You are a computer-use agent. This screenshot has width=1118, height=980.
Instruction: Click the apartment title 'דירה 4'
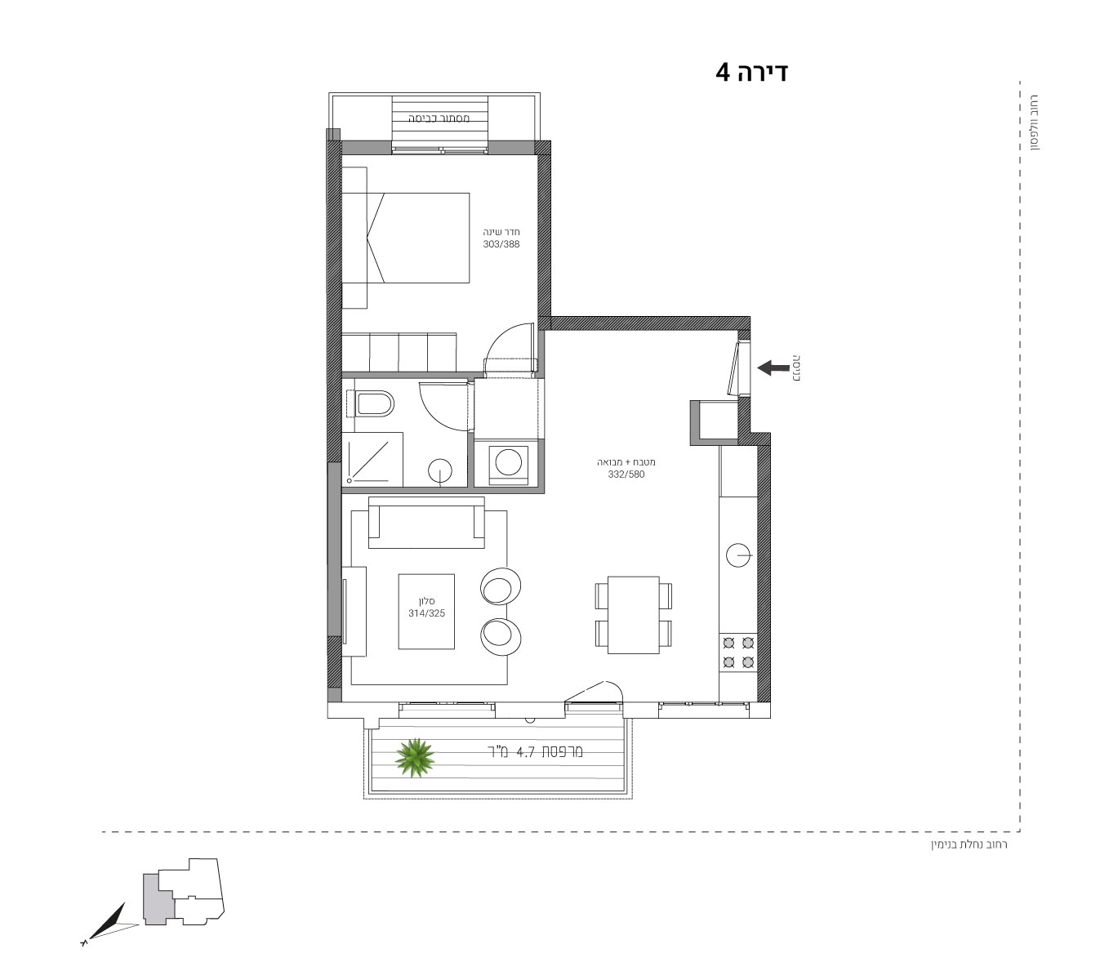751,73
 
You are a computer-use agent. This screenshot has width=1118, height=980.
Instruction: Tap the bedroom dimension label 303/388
501,244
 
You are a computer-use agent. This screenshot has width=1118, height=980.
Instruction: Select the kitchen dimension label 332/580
626,474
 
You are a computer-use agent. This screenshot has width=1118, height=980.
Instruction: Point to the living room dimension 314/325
426,613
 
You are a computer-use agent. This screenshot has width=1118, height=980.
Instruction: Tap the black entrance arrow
773,367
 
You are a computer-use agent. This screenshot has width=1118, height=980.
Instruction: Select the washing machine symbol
508,463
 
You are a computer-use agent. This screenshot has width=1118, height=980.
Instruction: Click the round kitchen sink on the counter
737,555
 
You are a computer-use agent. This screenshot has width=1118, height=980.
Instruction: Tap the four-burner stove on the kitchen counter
737,653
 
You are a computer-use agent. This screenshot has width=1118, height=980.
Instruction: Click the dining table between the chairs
633,615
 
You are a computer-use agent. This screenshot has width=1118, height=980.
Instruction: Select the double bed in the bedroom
406,238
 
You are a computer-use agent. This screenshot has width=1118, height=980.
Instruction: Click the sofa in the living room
426,523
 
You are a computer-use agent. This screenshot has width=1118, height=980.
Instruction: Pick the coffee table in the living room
426,612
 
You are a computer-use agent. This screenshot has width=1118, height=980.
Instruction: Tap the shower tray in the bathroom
372,459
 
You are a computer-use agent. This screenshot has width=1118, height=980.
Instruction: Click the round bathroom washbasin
440,471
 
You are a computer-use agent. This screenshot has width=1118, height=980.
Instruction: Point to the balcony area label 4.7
525,752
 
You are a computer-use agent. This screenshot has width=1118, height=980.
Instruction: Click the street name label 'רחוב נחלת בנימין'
969,844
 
